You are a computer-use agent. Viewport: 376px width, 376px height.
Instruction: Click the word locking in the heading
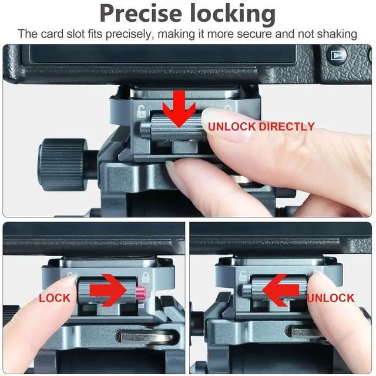click(233, 15)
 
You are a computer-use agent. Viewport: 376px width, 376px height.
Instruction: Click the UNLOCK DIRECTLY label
click(261, 127)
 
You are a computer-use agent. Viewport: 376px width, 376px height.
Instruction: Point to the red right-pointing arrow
click(108, 290)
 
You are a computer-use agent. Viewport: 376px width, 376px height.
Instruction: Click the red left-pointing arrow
click(281, 291)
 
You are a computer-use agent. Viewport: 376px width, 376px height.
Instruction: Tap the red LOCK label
click(55, 298)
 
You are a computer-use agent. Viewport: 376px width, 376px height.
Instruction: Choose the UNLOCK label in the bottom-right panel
click(331, 298)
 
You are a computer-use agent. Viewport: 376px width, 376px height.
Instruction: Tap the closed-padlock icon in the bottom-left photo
click(145, 277)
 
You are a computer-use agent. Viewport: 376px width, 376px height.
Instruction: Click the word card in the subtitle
click(51, 34)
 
